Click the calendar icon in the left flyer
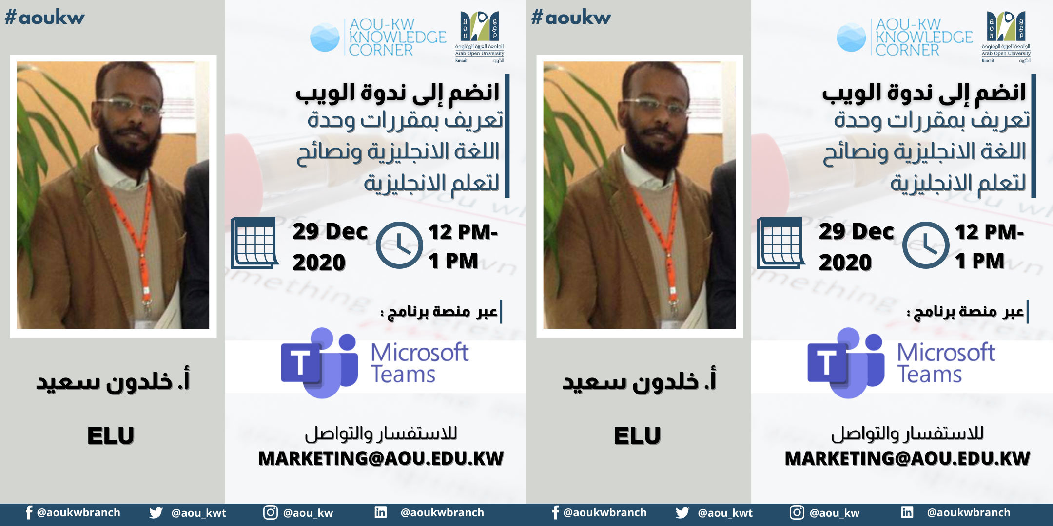pos(254,243)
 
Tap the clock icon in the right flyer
pos(925,245)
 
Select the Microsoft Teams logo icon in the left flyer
pos(319,363)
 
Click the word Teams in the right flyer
pos(930,375)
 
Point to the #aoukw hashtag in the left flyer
pos(44,18)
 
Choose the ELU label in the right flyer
pos(637,435)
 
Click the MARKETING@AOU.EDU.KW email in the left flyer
pos(381,458)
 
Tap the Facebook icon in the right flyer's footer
pos(555,512)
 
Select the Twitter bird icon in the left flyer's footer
pos(156,513)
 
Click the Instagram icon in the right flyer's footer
pos(797,512)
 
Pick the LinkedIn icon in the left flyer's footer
pos(381,512)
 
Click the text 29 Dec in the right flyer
pos(857,232)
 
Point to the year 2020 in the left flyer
pos(319,263)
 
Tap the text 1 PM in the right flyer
pos(980,261)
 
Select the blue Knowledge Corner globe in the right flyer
pos(851,37)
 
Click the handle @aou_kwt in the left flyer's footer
pos(199,513)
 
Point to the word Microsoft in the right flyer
pos(946,352)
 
